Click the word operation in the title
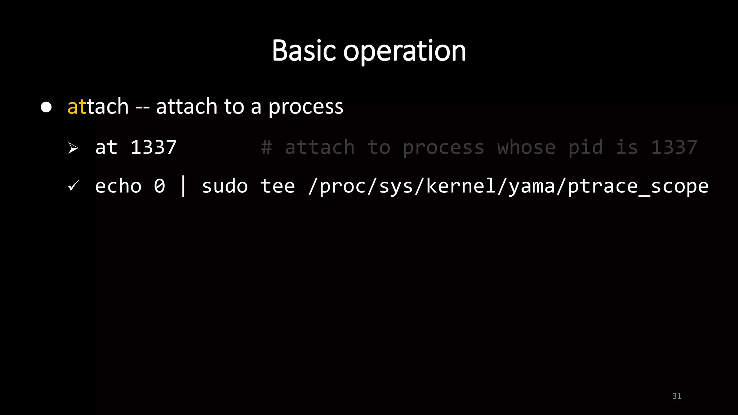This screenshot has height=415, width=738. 404,52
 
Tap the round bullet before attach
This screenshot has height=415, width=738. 46,107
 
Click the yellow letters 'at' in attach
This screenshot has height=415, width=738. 77,107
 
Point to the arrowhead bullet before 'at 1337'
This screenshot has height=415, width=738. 73,148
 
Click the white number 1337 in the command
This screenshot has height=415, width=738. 153,147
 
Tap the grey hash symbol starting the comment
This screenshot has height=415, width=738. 266,147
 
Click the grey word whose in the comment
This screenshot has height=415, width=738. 526,147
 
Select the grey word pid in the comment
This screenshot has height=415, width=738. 585,148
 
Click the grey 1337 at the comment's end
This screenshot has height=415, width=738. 674,147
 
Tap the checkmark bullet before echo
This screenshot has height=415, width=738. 73,186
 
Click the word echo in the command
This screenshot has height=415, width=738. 118,186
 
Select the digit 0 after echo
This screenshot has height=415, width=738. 159,186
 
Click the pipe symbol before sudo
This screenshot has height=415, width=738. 183,186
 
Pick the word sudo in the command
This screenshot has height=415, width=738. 224,186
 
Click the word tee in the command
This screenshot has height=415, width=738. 277,186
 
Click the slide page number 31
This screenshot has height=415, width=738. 677,396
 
